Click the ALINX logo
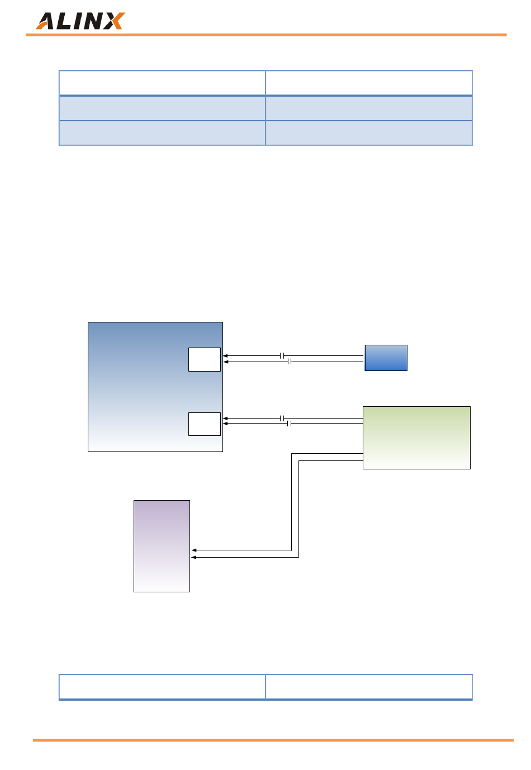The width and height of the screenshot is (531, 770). tap(80, 21)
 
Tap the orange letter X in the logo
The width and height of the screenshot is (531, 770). tap(115, 21)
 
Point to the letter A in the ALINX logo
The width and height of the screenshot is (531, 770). tap(46, 22)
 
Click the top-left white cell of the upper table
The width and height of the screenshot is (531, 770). tap(162, 83)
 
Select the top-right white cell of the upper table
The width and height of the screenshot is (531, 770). tap(368, 83)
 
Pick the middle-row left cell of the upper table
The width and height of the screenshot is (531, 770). tap(162, 108)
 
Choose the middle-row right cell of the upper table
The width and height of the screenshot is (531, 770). tap(368, 108)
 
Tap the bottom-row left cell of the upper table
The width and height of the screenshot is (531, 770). tap(162, 133)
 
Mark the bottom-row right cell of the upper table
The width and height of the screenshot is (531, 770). tap(368, 133)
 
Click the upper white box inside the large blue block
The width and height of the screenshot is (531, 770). tap(205, 359)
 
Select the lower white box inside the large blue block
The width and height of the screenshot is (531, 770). tap(205, 424)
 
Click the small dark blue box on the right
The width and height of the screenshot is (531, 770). tap(386, 358)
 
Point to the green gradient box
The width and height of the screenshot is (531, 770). tap(416, 438)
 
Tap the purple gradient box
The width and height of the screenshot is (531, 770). tap(162, 546)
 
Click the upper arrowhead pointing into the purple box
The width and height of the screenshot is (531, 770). tap(194, 550)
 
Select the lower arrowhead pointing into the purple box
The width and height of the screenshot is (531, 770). tap(194, 557)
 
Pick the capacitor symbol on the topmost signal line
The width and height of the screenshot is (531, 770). tap(283, 355)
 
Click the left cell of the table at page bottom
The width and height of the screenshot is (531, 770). tap(162, 686)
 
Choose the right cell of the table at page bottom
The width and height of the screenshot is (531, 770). tap(368, 686)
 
